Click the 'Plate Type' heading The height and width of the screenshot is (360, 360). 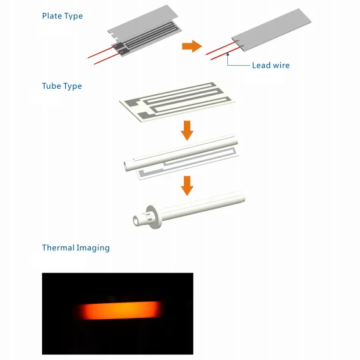pyautogui.click(x=62, y=16)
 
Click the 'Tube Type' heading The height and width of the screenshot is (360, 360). pyautogui.click(x=61, y=86)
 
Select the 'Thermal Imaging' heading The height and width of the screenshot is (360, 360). pyautogui.click(x=75, y=248)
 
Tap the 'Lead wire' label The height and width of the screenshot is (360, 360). pyautogui.click(x=271, y=65)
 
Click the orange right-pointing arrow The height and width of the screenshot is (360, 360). pyautogui.click(x=191, y=46)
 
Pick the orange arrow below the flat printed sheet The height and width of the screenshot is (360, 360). pyautogui.click(x=186, y=131)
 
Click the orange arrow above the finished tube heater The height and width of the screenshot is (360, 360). pyautogui.click(x=186, y=186)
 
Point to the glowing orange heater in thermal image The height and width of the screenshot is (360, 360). pyautogui.click(x=118, y=311)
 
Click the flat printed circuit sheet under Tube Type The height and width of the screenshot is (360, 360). pyautogui.click(x=179, y=102)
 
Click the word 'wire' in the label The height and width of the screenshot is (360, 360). pyautogui.click(x=280, y=65)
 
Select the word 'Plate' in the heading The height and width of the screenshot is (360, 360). pyautogui.click(x=52, y=16)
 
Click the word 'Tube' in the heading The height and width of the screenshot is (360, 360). pyautogui.click(x=51, y=86)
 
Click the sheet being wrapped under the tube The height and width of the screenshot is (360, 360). pyautogui.click(x=191, y=167)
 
